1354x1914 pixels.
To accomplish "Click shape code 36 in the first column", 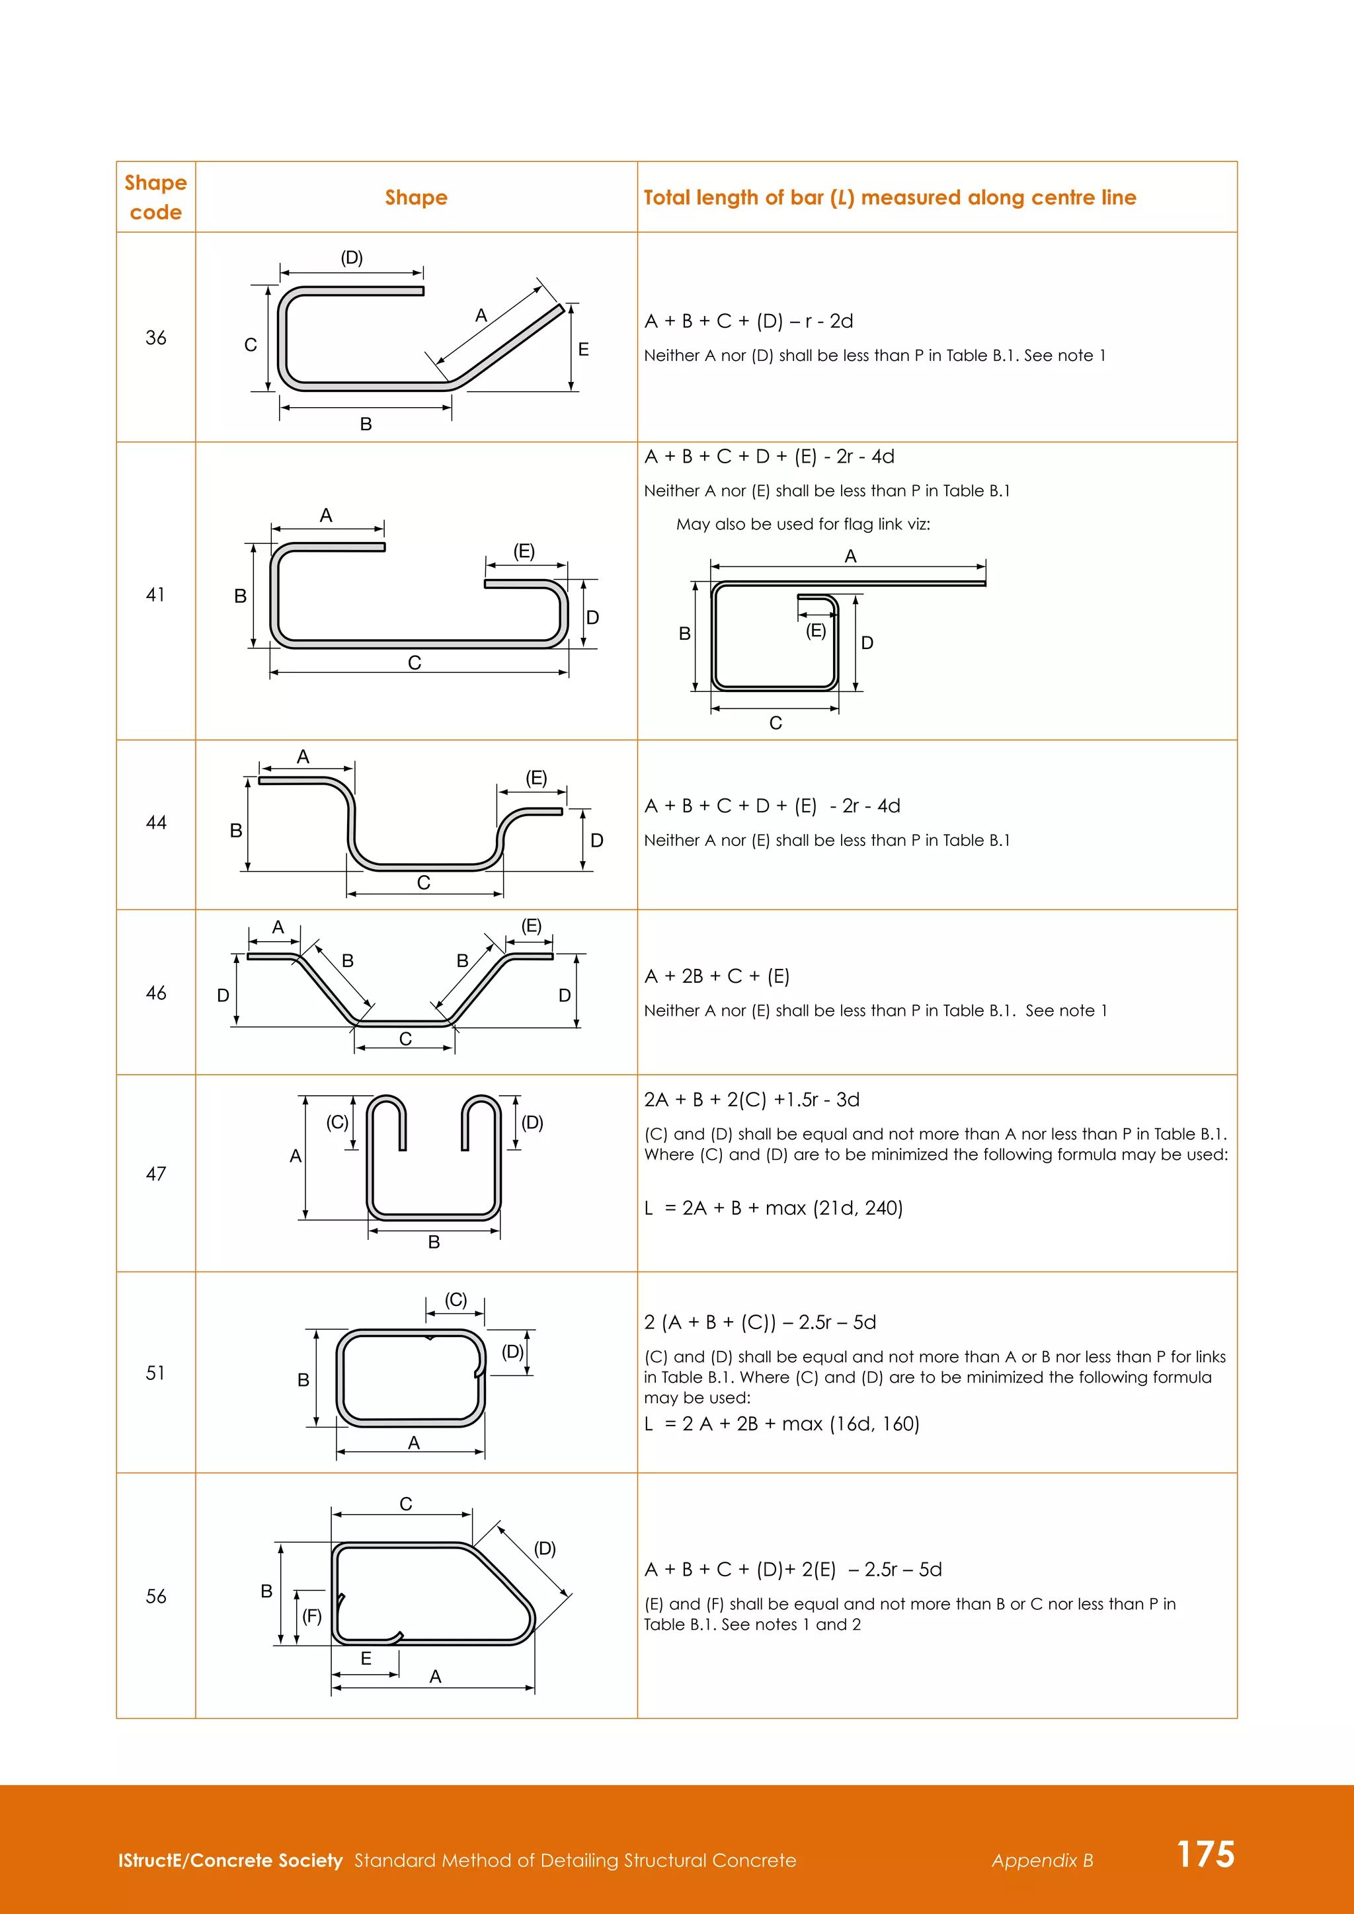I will pyautogui.click(x=156, y=338).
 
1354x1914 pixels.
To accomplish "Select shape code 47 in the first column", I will pyautogui.click(x=156, y=1174).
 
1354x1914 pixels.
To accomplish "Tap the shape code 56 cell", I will pyautogui.click(x=156, y=1596).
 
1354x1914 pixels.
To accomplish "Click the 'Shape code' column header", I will pyautogui.click(x=156, y=198).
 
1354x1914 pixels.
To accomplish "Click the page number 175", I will pyautogui.click(x=1205, y=1853).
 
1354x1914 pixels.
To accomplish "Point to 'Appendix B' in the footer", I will pyautogui.click(x=1042, y=1860).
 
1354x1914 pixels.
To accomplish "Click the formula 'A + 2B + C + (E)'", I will pyautogui.click(x=717, y=976).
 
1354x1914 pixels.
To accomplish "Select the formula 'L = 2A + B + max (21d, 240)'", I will pyautogui.click(x=774, y=1208).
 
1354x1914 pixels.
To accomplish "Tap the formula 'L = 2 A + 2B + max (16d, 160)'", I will pyautogui.click(x=782, y=1424).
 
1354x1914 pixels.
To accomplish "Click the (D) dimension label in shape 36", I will pyautogui.click(x=352, y=258).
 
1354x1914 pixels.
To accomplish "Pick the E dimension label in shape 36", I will pyautogui.click(x=584, y=349).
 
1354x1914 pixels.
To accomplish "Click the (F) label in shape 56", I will pyautogui.click(x=312, y=1617).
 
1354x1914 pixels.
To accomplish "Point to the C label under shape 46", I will pyautogui.click(x=405, y=1039).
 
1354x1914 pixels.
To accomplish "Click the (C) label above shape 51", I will pyautogui.click(x=456, y=1299).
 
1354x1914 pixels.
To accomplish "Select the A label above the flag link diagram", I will pyautogui.click(x=850, y=556).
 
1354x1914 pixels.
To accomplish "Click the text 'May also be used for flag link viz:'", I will pyautogui.click(x=803, y=524).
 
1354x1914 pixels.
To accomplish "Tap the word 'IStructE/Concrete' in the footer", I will pyautogui.click(x=230, y=1860).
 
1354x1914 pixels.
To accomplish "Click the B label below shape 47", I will pyautogui.click(x=434, y=1242).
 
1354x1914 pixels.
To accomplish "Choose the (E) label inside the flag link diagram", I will pyautogui.click(x=815, y=631).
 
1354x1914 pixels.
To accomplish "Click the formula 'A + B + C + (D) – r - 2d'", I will pyautogui.click(x=748, y=321).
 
